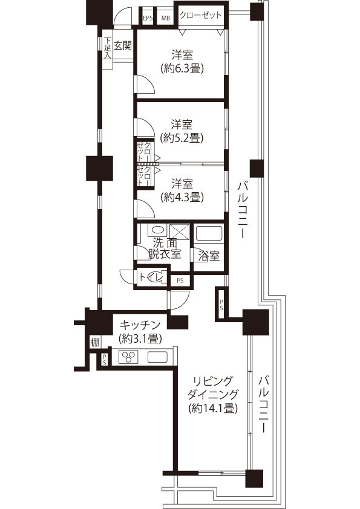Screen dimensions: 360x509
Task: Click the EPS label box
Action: tap(148, 19)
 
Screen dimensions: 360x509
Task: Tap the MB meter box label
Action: tap(166, 19)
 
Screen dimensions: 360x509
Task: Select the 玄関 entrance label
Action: tap(123, 46)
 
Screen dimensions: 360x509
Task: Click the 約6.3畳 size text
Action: tap(182, 68)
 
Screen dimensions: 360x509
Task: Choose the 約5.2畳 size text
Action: tap(182, 138)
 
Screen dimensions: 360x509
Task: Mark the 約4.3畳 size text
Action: tap(182, 197)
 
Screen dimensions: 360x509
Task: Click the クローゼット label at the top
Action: tap(200, 15)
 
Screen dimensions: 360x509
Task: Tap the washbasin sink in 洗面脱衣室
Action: tap(158, 230)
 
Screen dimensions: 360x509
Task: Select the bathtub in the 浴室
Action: tap(208, 233)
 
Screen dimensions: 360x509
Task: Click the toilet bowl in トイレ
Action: tap(157, 277)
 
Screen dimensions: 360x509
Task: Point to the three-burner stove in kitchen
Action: tap(128, 357)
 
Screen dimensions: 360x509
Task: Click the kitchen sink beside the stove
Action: tap(157, 357)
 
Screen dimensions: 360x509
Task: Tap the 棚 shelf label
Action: tap(94, 342)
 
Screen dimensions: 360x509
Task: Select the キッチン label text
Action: tap(140, 325)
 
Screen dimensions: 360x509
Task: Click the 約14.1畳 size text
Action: tap(213, 408)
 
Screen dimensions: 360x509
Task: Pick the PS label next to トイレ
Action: tap(180, 280)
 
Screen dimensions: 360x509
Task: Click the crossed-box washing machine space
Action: tap(179, 232)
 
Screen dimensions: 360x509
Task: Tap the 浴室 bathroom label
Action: tap(209, 256)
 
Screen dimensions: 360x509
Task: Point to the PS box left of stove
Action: tap(104, 360)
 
